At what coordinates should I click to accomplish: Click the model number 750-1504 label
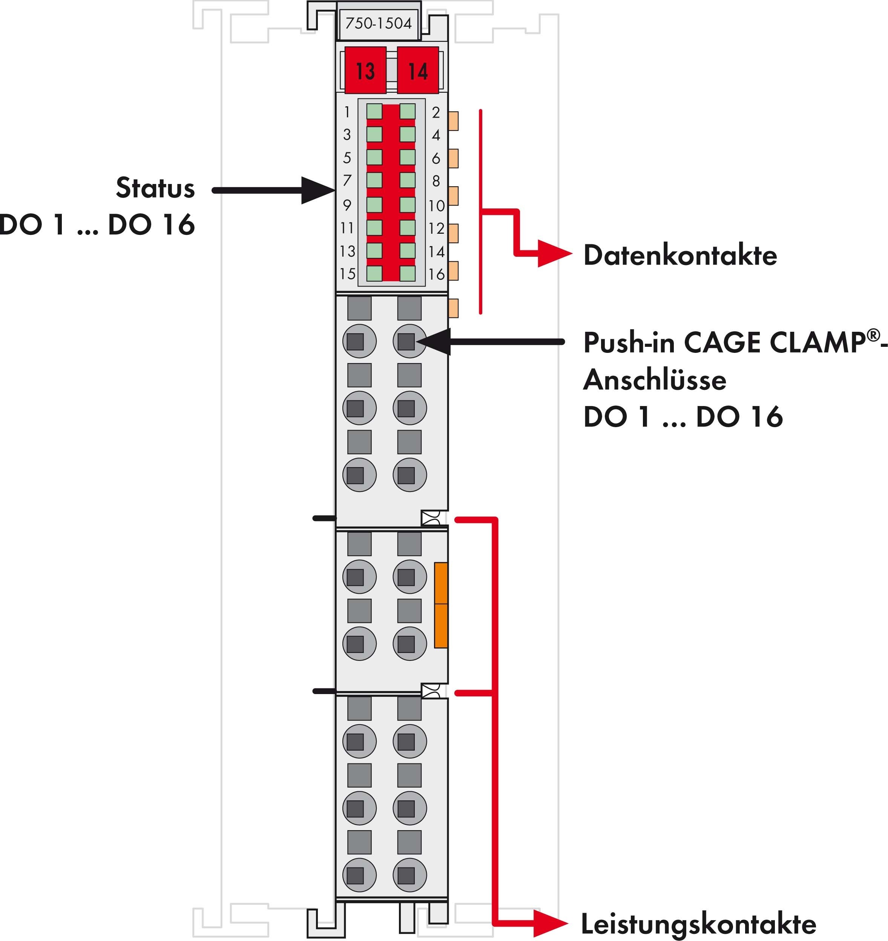[378, 23]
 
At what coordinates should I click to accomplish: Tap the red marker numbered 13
[365, 70]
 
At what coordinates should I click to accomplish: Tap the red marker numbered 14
[417, 70]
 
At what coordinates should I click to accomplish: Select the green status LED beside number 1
[374, 112]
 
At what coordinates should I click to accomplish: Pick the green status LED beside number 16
[408, 274]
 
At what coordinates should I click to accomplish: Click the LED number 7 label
[347, 180]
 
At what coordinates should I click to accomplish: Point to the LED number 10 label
[436, 206]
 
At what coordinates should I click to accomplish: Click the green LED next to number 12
[408, 228]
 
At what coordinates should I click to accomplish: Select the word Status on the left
[155, 188]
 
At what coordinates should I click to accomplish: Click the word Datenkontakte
[680, 256]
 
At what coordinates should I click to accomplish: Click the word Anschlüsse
[655, 380]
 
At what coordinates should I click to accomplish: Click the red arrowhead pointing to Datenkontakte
[554, 254]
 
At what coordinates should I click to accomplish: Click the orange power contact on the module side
[441, 605]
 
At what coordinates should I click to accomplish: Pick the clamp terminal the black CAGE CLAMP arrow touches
[409, 341]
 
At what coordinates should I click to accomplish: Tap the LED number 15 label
[347, 274]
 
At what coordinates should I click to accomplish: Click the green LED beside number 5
[374, 158]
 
